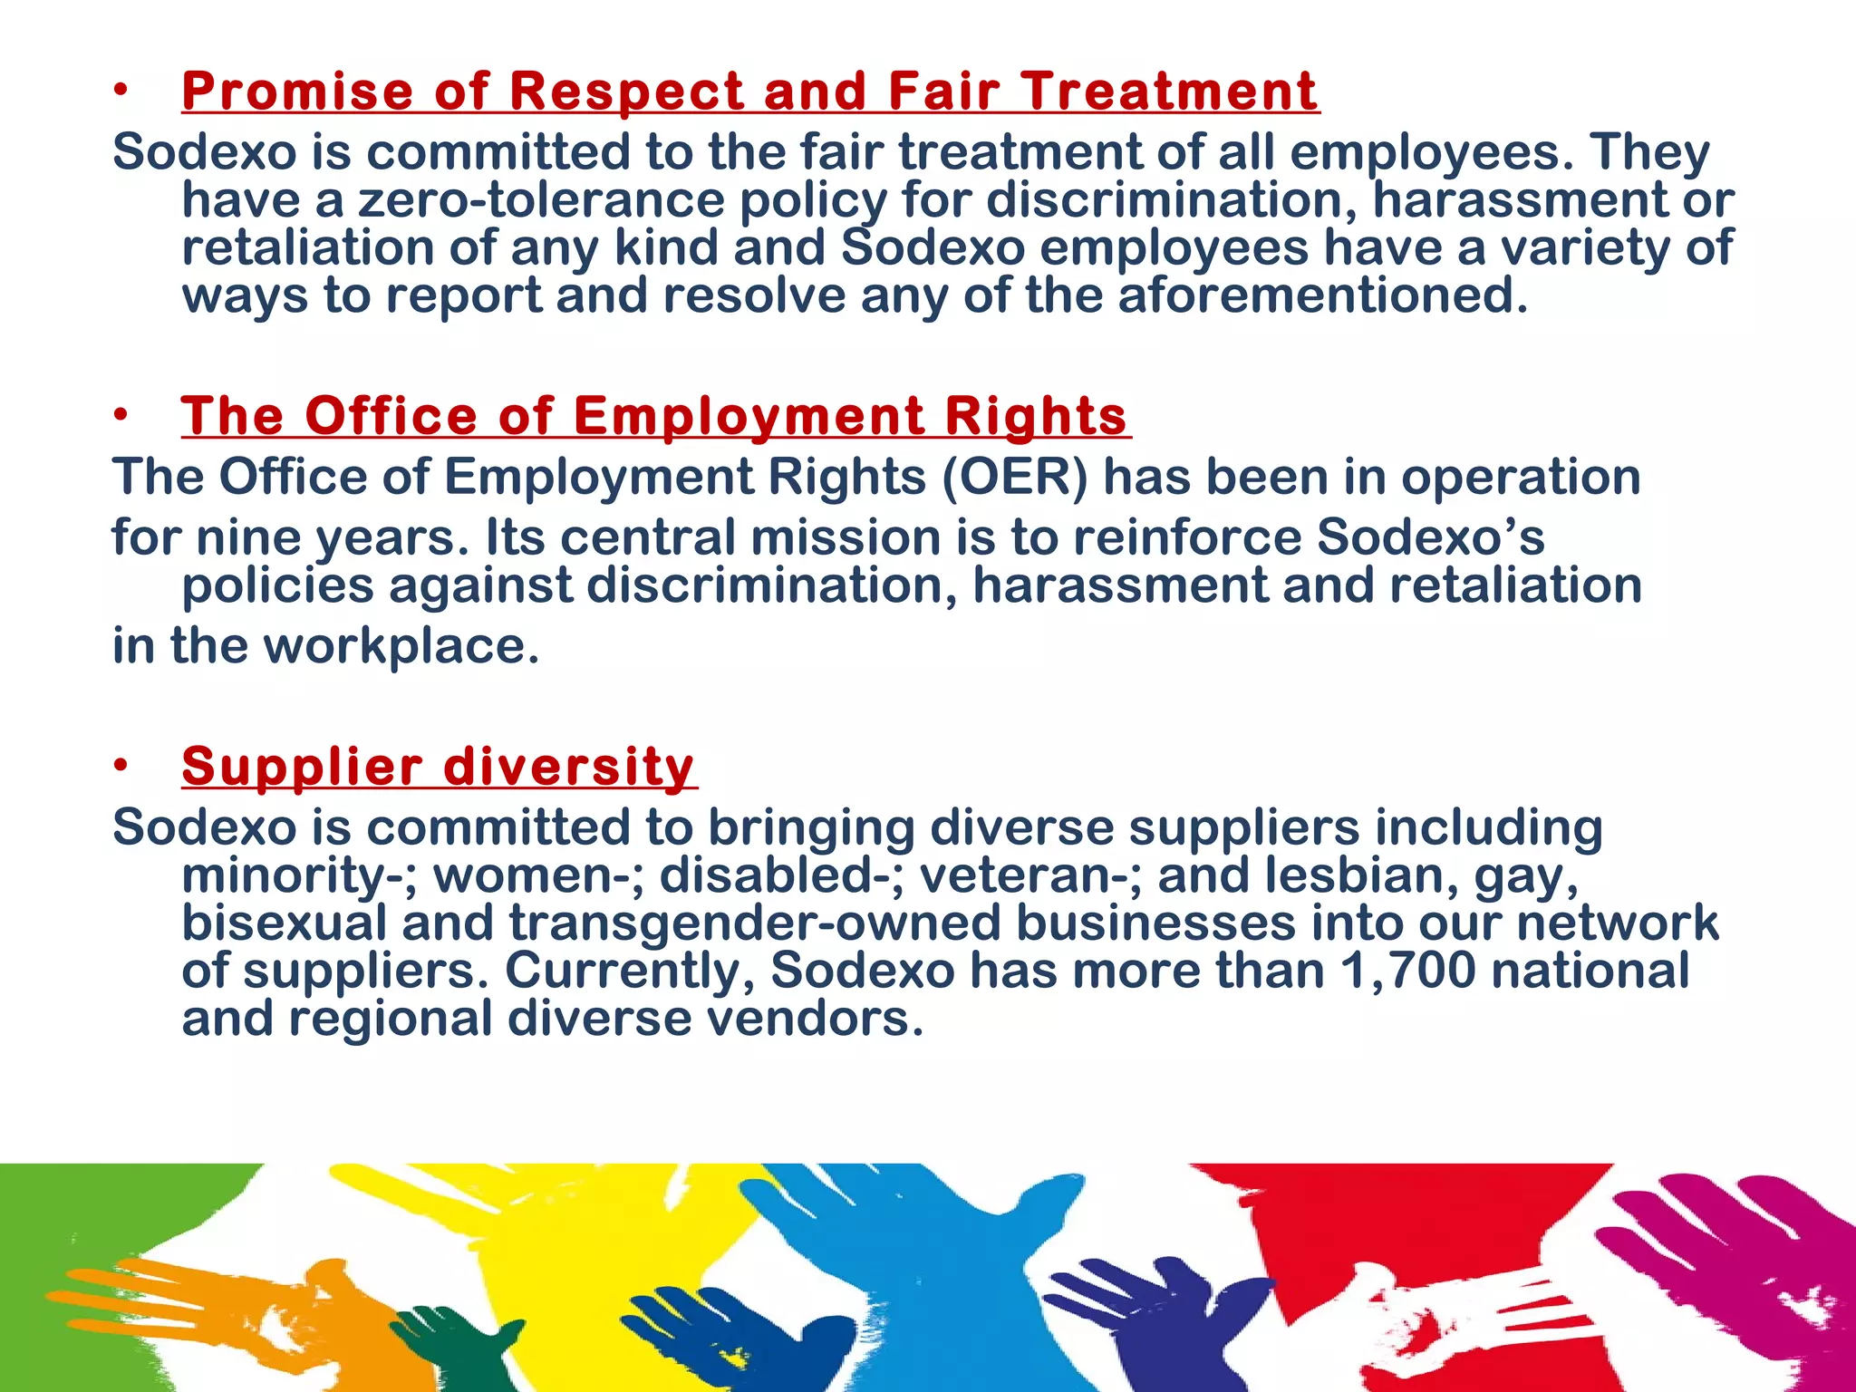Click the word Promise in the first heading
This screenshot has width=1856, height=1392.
pos(298,92)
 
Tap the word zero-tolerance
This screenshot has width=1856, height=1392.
pos(541,200)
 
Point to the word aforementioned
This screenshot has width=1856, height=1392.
pos(1323,295)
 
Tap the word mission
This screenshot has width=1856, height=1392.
pos(846,537)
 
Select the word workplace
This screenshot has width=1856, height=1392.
pos(401,646)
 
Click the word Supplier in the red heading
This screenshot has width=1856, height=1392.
pos(302,767)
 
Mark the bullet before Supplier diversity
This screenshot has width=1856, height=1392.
pos(121,767)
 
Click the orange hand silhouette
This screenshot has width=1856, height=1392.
pos(272,1305)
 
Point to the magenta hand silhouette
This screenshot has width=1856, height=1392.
pos(1749,1269)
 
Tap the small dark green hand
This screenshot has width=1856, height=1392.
pos(462,1341)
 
